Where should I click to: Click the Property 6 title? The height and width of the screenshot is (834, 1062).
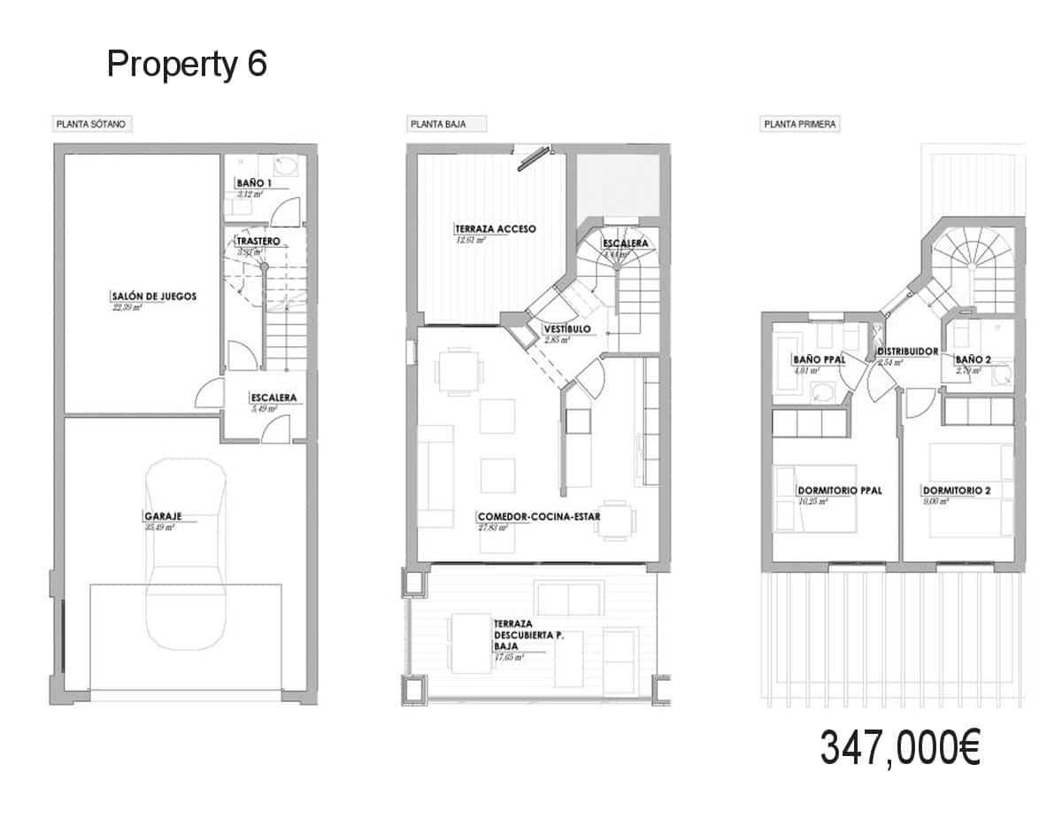coord(187,65)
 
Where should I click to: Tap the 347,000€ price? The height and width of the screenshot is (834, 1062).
coord(899,749)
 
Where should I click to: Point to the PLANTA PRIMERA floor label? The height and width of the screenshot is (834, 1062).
coord(800,125)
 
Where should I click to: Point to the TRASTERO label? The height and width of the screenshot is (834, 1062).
coord(258,241)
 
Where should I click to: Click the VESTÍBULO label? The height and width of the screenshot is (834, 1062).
coord(567,329)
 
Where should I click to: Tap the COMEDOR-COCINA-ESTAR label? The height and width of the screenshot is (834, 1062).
coord(532,516)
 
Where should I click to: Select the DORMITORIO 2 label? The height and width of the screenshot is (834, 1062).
coord(955,490)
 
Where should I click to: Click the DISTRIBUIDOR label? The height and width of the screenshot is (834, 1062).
coord(907,351)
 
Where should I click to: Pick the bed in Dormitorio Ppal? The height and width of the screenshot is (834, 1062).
coord(815,498)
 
